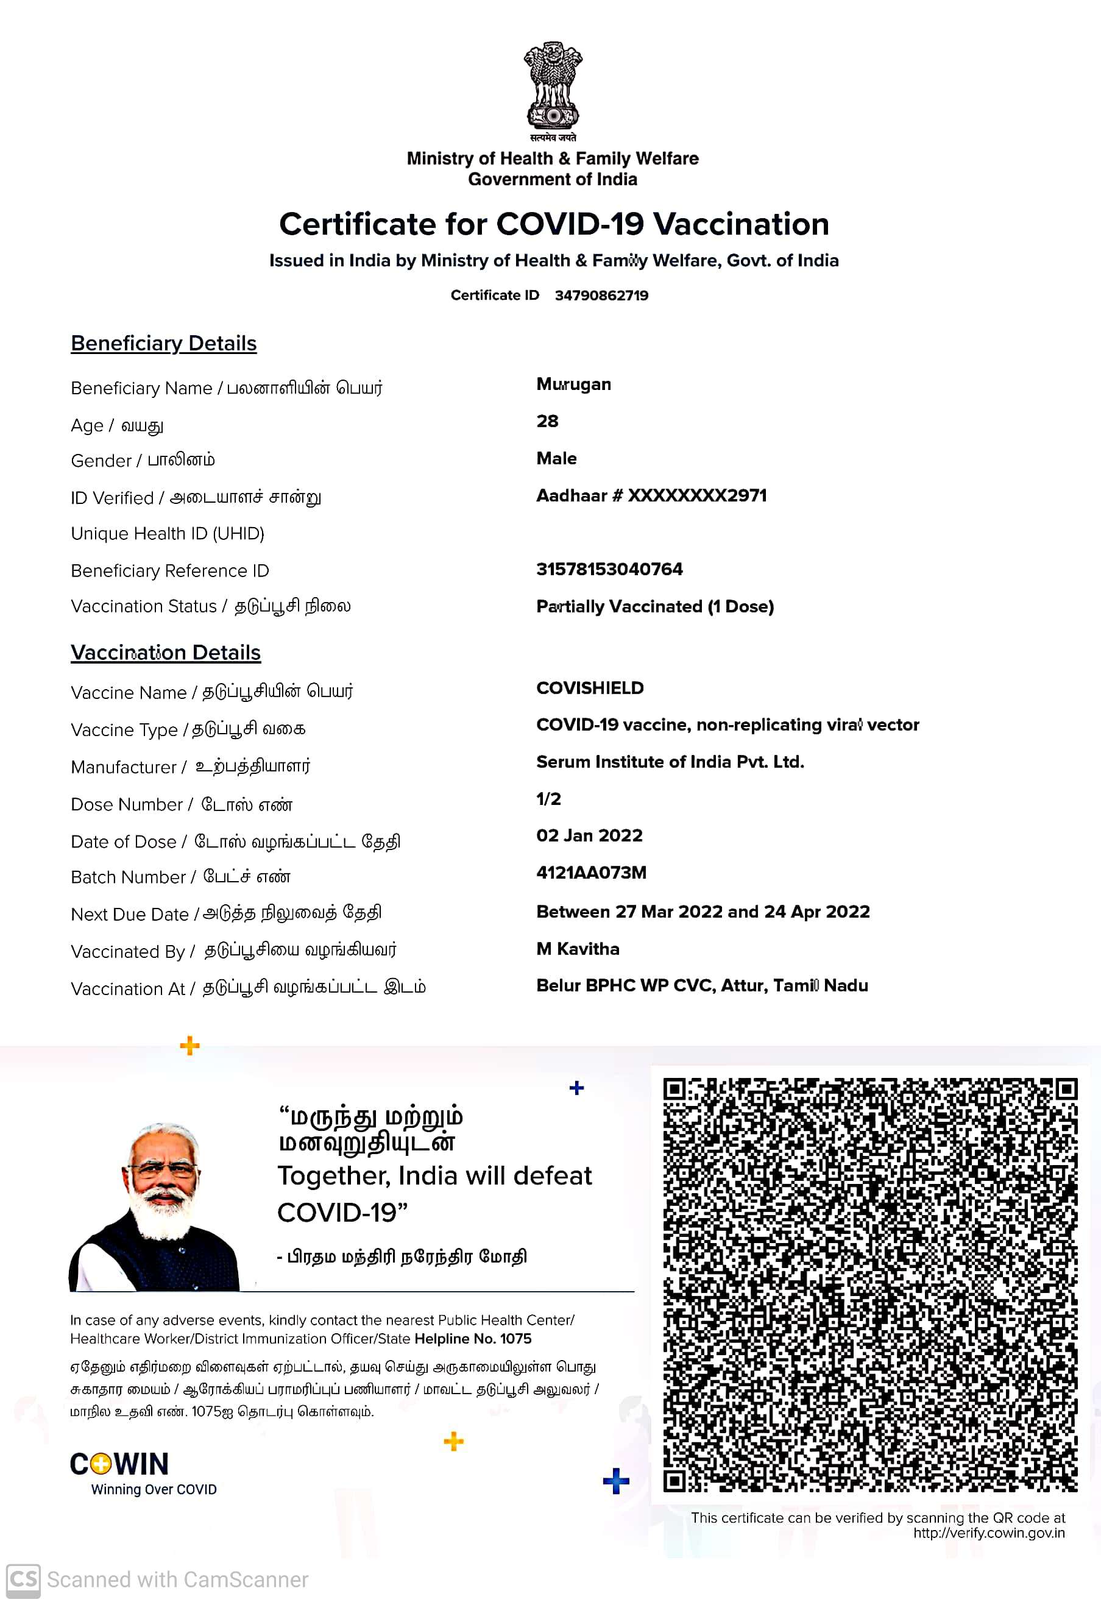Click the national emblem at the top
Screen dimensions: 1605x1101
553,87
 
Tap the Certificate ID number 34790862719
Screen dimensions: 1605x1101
601,296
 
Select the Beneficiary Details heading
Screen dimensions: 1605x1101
164,343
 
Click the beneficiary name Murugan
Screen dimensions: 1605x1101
573,384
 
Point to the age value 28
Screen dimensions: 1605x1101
547,421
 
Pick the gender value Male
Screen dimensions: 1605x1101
556,459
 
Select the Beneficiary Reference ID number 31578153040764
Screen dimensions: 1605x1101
609,569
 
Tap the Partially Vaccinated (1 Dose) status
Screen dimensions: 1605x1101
655,606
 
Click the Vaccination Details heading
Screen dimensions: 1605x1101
166,653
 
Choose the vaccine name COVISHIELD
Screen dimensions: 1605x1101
590,688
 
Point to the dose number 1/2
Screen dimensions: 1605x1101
548,799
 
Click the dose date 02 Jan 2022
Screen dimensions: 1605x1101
589,835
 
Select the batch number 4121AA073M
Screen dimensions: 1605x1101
591,873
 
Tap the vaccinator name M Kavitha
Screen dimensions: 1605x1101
578,949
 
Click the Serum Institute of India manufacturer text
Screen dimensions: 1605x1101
670,762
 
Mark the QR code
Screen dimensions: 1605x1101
869,1284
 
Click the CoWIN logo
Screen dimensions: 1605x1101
119,1464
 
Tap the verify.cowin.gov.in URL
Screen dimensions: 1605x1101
988,1533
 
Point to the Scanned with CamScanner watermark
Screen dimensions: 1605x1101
157,1580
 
